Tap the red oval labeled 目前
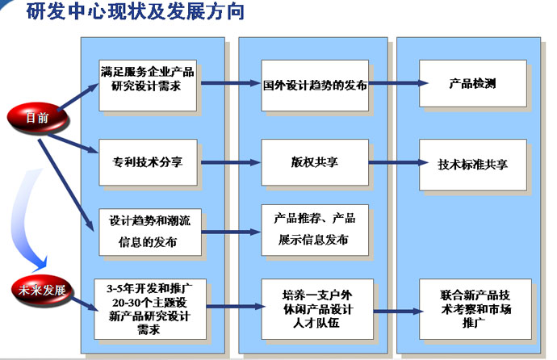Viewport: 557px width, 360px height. tap(37, 118)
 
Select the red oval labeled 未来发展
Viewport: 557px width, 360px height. tap(41, 290)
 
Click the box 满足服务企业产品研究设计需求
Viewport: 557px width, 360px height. tap(148, 86)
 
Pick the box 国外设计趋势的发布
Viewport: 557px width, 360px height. tap(315, 86)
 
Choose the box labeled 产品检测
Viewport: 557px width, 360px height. tap(473, 83)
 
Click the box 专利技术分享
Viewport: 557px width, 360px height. tap(148, 162)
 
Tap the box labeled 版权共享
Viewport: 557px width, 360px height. tap(315, 162)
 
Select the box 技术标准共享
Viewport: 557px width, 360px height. tap(473, 165)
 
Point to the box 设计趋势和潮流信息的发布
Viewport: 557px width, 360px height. tap(150, 232)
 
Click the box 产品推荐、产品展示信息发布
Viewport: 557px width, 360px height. tap(315, 230)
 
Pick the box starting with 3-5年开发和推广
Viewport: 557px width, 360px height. tap(150, 309)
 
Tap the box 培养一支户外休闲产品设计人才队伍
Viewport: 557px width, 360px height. tap(317, 309)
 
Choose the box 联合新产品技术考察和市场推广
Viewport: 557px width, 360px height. tap(475, 309)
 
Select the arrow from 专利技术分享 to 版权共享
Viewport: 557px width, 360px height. tap(231, 162)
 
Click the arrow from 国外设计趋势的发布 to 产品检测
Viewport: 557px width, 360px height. tap(398, 83)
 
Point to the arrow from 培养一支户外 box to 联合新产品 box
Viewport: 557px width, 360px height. tap(398, 312)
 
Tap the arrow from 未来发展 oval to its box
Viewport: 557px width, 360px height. tap(85, 304)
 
